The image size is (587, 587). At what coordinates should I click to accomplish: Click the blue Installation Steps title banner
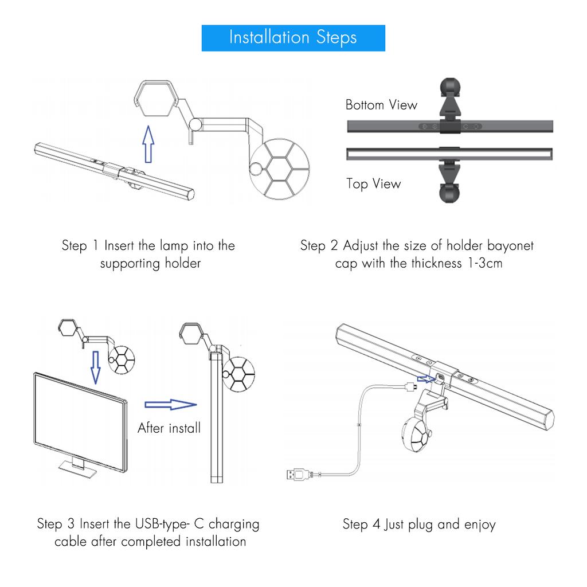293,38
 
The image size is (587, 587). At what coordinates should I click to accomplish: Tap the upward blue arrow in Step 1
148,144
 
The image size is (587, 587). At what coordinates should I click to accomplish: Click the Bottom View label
381,104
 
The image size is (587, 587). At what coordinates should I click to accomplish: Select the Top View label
373,184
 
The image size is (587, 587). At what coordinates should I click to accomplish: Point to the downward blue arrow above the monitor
96,367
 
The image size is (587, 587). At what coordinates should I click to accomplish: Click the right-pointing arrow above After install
171,404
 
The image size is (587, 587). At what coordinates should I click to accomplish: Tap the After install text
169,428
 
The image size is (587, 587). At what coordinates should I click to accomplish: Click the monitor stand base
77,469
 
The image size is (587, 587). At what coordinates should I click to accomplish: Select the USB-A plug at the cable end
298,474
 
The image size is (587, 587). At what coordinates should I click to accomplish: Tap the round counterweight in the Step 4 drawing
416,435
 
